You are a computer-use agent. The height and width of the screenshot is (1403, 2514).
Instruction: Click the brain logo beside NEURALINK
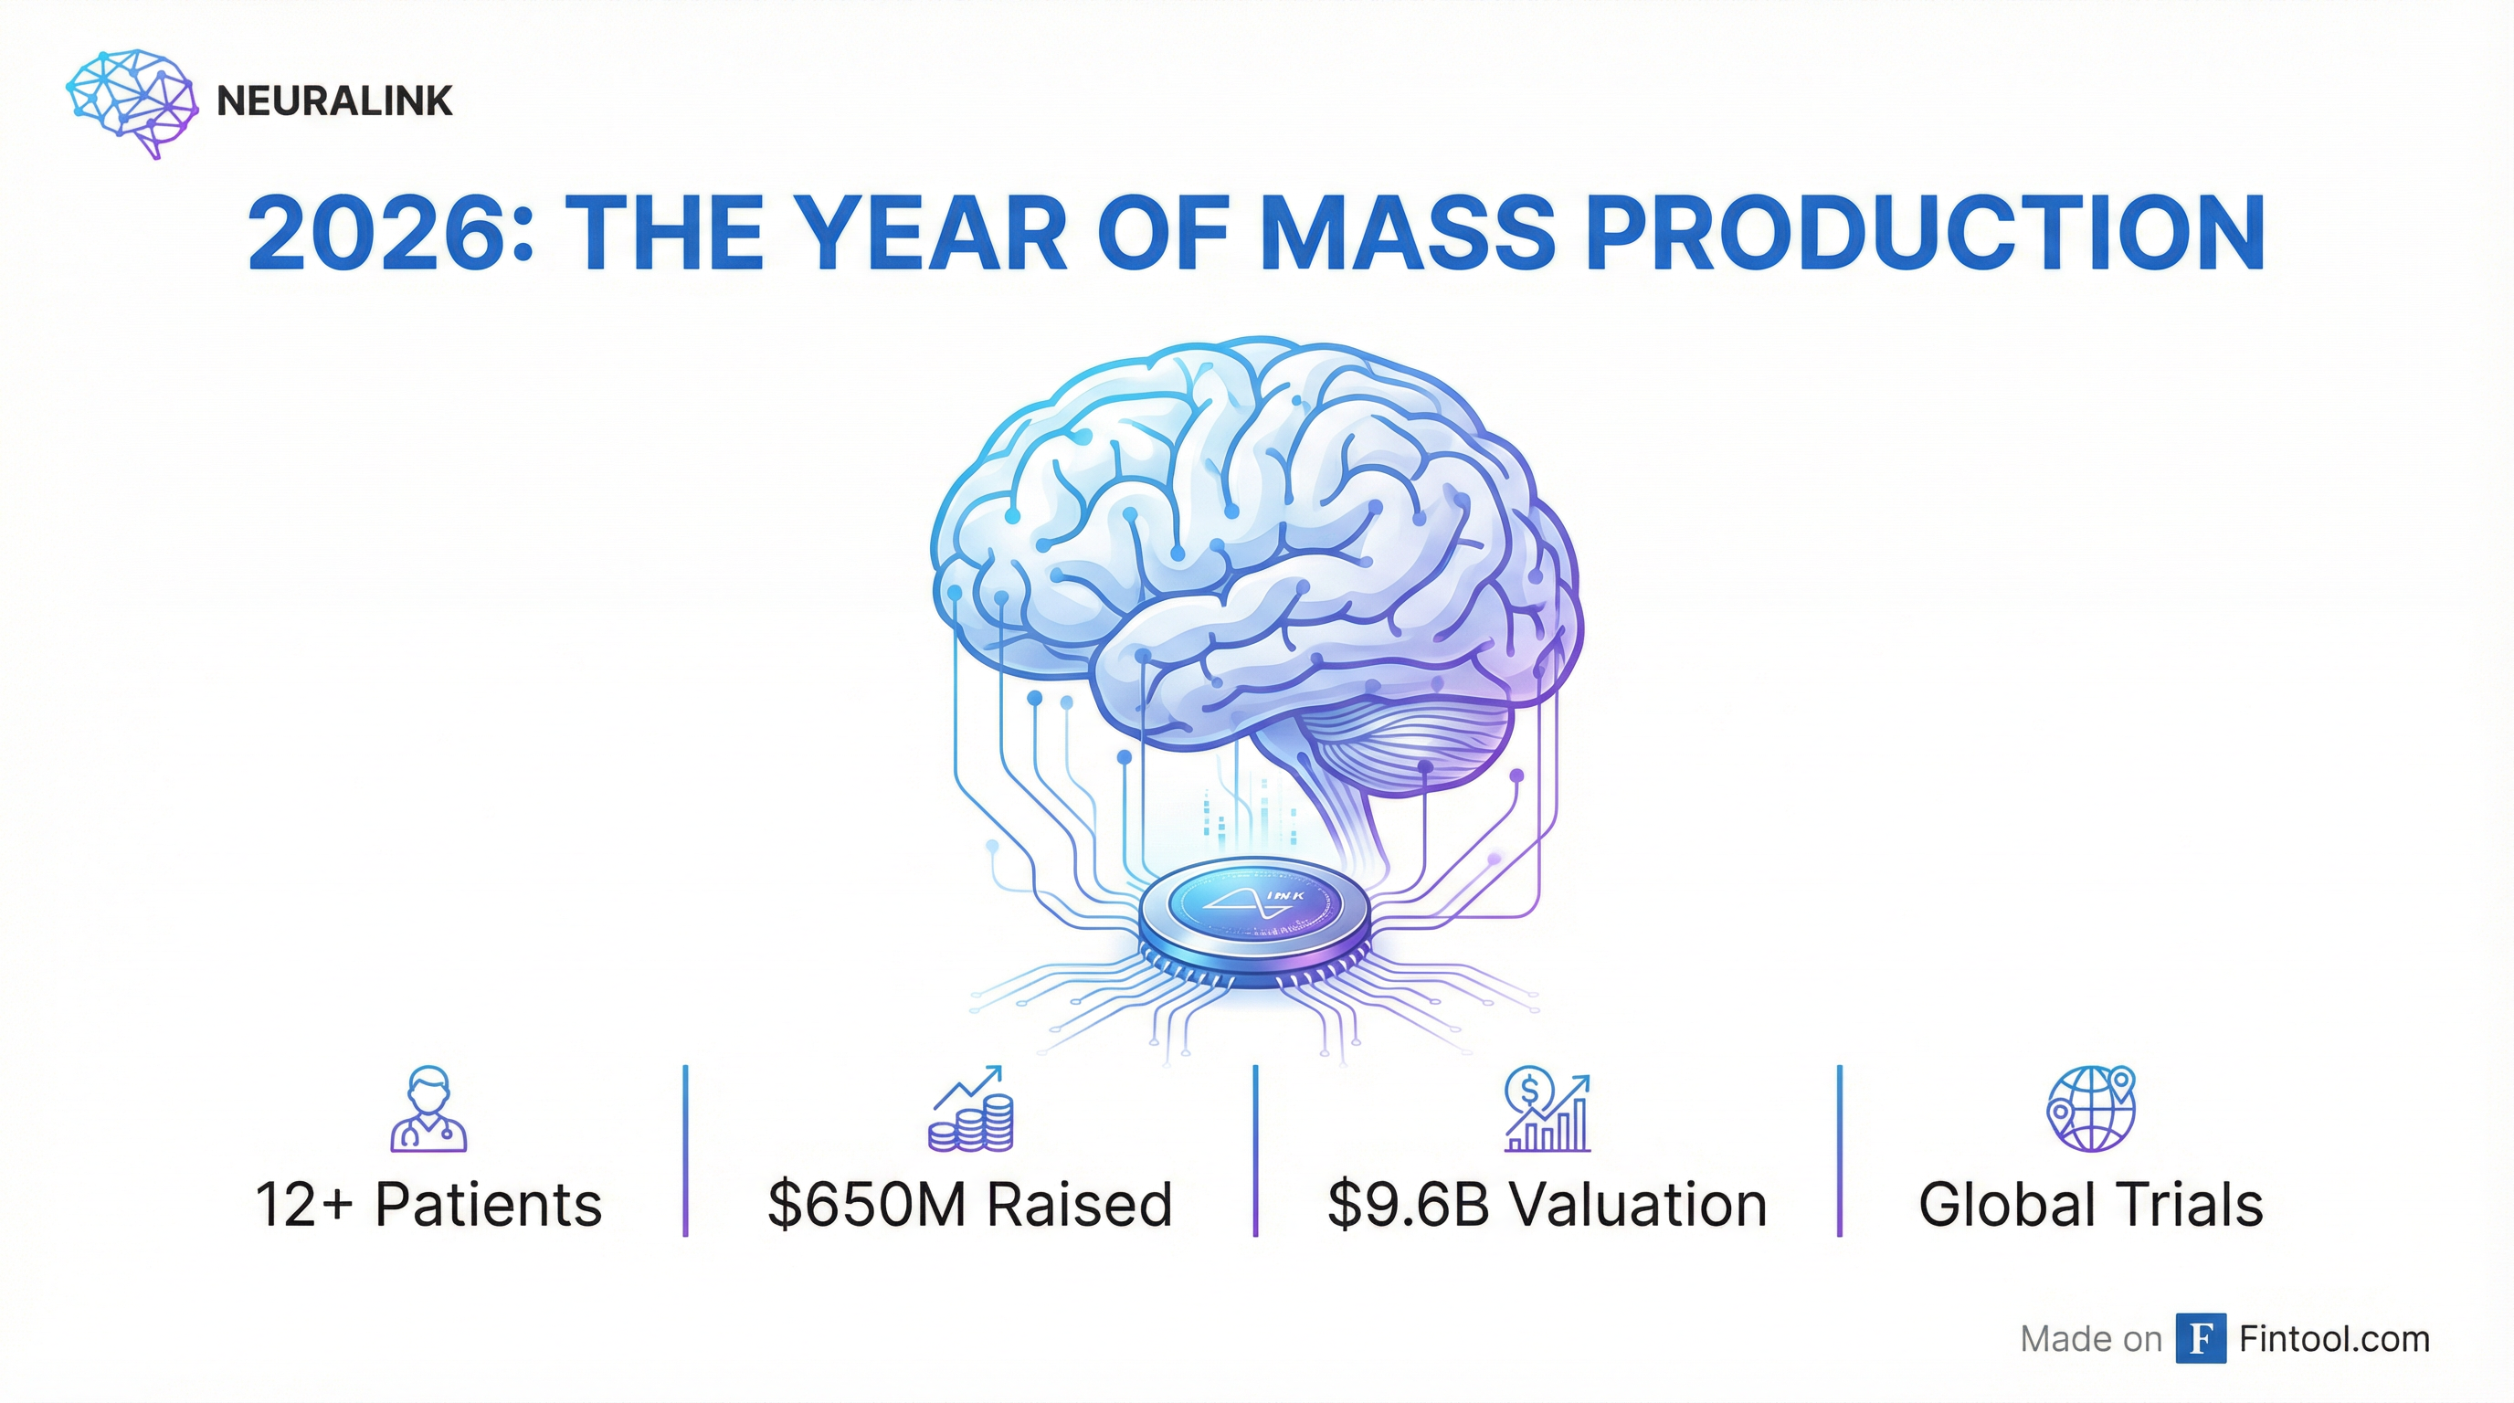pyautogui.click(x=132, y=102)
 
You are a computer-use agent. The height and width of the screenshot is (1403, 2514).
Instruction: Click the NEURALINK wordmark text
pyautogui.click(x=334, y=101)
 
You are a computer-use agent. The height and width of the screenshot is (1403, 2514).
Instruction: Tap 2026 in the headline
pyautogui.click(x=382, y=234)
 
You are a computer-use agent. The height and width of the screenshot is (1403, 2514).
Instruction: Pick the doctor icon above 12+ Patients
pyautogui.click(x=429, y=1109)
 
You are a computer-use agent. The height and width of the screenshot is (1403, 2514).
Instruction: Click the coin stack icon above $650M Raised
pyautogui.click(x=971, y=1109)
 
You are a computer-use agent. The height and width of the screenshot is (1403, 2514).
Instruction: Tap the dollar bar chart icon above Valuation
pyautogui.click(x=1547, y=1109)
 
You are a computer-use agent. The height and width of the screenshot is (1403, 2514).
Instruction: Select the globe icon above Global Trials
pyautogui.click(x=2091, y=1109)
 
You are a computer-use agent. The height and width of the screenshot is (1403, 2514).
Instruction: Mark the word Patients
pyautogui.click(x=489, y=1205)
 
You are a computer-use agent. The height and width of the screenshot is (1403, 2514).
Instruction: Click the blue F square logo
pyautogui.click(x=2201, y=1339)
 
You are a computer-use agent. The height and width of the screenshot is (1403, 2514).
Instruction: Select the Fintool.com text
pyautogui.click(x=2334, y=1340)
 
